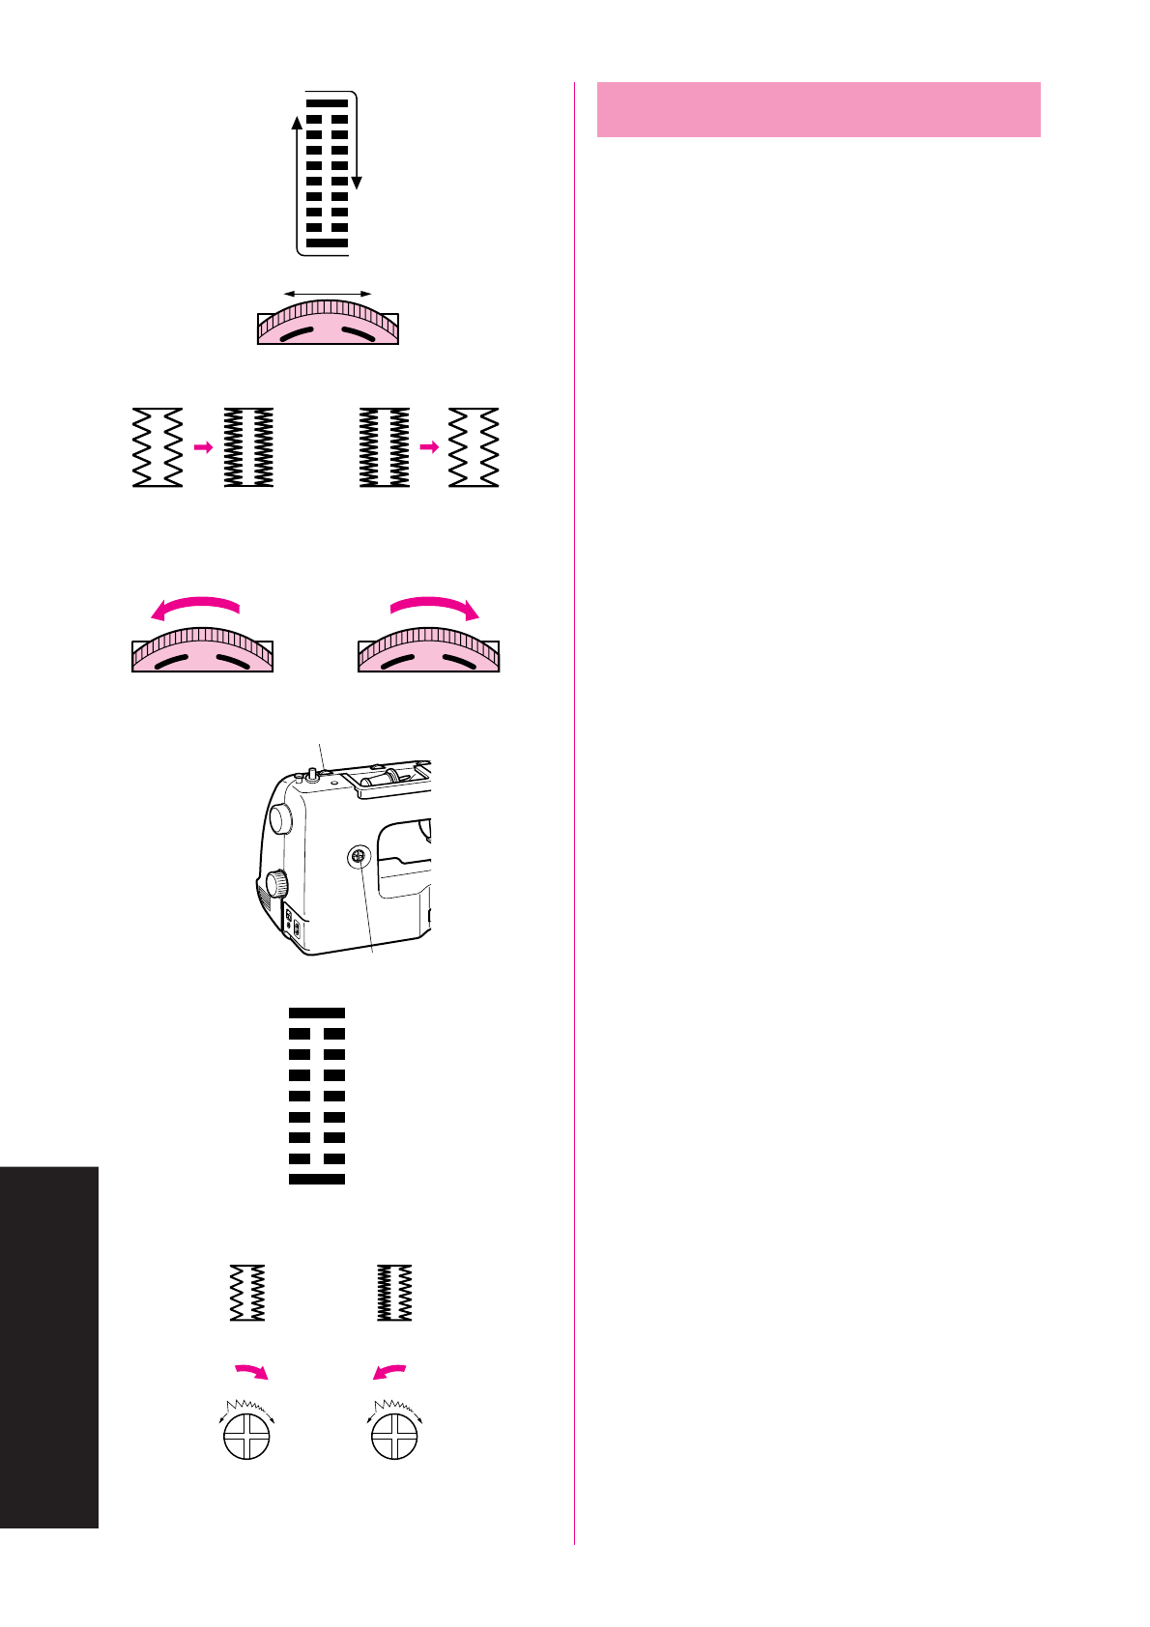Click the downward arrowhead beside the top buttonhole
coord(357,183)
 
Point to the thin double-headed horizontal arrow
coord(328,293)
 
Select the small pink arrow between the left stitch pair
coord(203,447)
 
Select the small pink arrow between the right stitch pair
coord(429,447)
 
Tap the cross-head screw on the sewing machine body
coord(358,855)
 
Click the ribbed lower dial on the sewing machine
coord(277,883)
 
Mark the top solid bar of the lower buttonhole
coord(317,1013)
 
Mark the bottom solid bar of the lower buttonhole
coord(317,1179)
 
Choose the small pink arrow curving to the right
coord(252,1371)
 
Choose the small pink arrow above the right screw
coord(389,1371)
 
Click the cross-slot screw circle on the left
coord(246,1436)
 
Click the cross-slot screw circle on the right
coord(394,1436)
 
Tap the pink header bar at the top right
coord(819,109)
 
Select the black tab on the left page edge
coord(49,1347)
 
